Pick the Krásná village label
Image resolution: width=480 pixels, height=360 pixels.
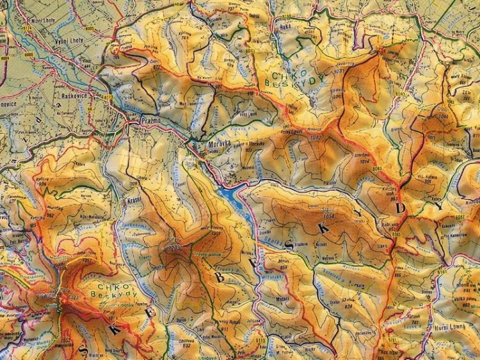coord(135,200)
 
